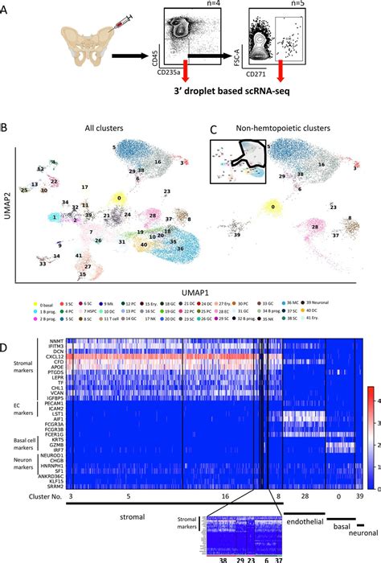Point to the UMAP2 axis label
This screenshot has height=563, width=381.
click(x=6, y=211)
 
